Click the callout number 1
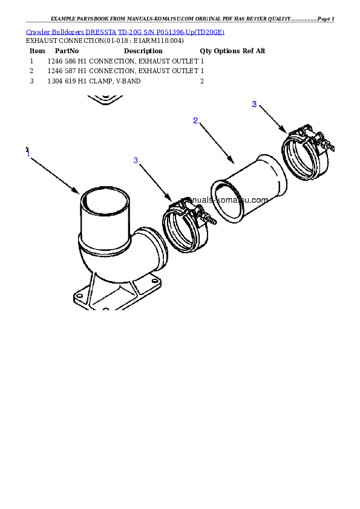click(28, 154)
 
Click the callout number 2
click(195, 120)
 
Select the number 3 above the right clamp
click(254, 104)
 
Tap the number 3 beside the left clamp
click(136, 160)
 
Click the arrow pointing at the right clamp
click(272, 118)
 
